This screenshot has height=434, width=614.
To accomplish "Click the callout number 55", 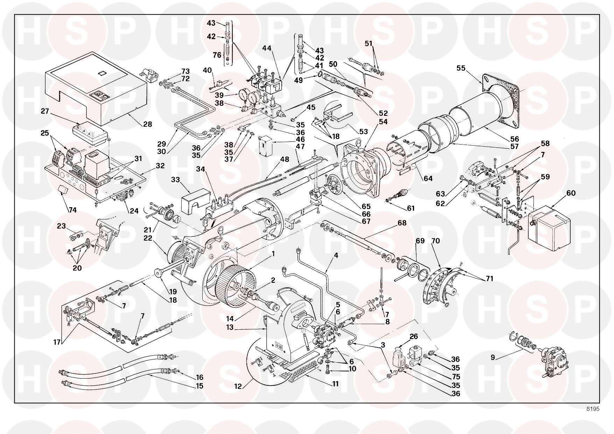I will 461,68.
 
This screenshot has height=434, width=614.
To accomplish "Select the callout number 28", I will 147,124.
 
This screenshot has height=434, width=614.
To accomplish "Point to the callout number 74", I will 72,210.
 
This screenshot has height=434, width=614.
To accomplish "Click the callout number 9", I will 493,357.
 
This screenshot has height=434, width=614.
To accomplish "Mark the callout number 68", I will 402,223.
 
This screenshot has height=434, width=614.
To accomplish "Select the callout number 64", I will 428,178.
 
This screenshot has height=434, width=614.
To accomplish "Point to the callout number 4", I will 336,255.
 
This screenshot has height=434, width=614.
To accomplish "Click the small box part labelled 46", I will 265,145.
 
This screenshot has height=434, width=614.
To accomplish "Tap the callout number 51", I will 368,44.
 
